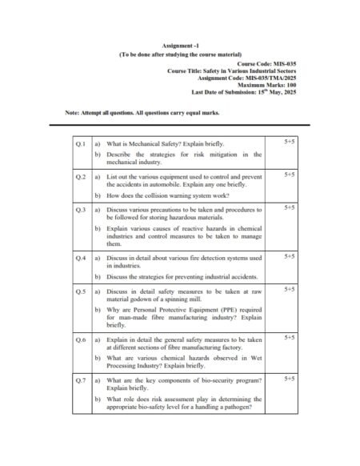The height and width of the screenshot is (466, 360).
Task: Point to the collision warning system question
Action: click(x=169, y=195)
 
